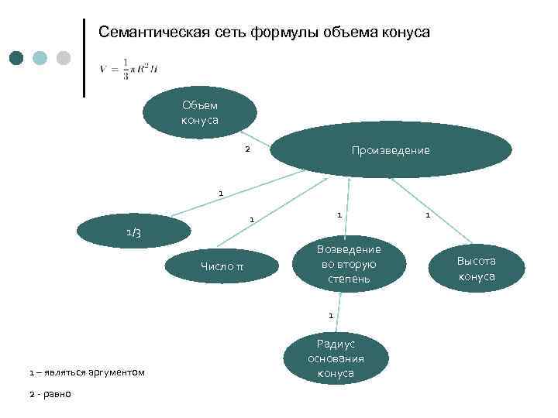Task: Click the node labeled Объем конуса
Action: [x=199, y=113]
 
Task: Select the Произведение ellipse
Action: [x=390, y=149]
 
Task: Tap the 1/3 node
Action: [x=133, y=231]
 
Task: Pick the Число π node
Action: [x=222, y=267]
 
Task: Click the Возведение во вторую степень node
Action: [x=349, y=263]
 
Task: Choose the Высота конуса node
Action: [x=476, y=269]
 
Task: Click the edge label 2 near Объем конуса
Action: [x=247, y=149]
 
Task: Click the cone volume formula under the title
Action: [x=129, y=68]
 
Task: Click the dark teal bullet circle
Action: [x=17, y=58]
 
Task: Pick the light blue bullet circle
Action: [x=40, y=58]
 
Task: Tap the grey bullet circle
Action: [x=64, y=58]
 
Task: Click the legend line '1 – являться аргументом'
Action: [x=87, y=373]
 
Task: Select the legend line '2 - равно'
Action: [x=50, y=394]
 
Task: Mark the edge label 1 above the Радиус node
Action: [x=331, y=315]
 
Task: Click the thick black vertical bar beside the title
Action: [x=84, y=58]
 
